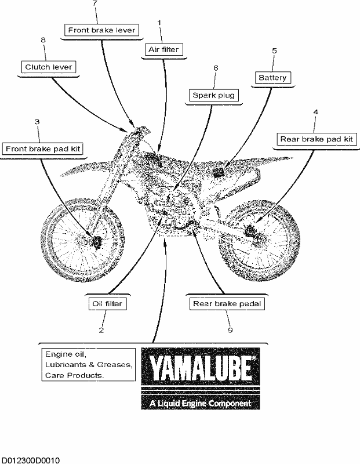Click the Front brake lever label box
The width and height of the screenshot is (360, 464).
tap(102, 30)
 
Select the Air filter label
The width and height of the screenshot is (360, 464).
tap(163, 49)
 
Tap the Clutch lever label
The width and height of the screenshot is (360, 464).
tap(49, 67)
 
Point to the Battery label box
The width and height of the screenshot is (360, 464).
tap(272, 78)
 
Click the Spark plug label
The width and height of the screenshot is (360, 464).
tap(213, 95)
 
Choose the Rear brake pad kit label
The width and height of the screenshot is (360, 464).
tap(317, 139)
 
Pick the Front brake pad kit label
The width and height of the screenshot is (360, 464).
tap(43, 148)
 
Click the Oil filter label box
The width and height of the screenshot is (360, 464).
tap(107, 303)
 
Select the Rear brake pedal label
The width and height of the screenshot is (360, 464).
tap(227, 303)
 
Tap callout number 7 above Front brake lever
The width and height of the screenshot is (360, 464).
tap(94, 3)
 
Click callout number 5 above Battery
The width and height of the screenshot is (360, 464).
tap(274, 51)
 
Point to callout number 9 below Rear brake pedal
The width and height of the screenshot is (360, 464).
tap(230, 330)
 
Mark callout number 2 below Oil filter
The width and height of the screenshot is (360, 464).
tap(101, 330)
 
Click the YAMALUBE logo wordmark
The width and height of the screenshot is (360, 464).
tap(201, 367)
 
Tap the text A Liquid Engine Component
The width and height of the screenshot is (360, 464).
tap(200, 403)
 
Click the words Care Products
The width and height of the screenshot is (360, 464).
tap(74, 375)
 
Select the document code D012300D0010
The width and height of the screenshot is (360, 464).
tap(30, 460)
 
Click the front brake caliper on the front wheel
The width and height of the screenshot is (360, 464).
tap(96, 241)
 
